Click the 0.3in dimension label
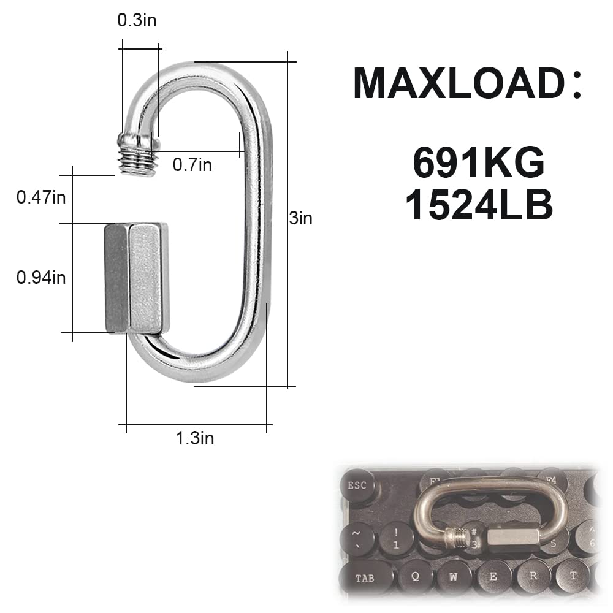[137, 20]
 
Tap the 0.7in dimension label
[192, 164]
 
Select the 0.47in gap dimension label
[41, 197]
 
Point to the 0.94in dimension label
[41, 278]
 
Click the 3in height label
[301, 218]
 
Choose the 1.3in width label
[195, 438]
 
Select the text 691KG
[479, 163]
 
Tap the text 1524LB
[479, 207]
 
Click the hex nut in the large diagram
[137, 278]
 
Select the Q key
[415, 577]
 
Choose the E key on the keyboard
[493, 577]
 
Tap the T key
[573, 577]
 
